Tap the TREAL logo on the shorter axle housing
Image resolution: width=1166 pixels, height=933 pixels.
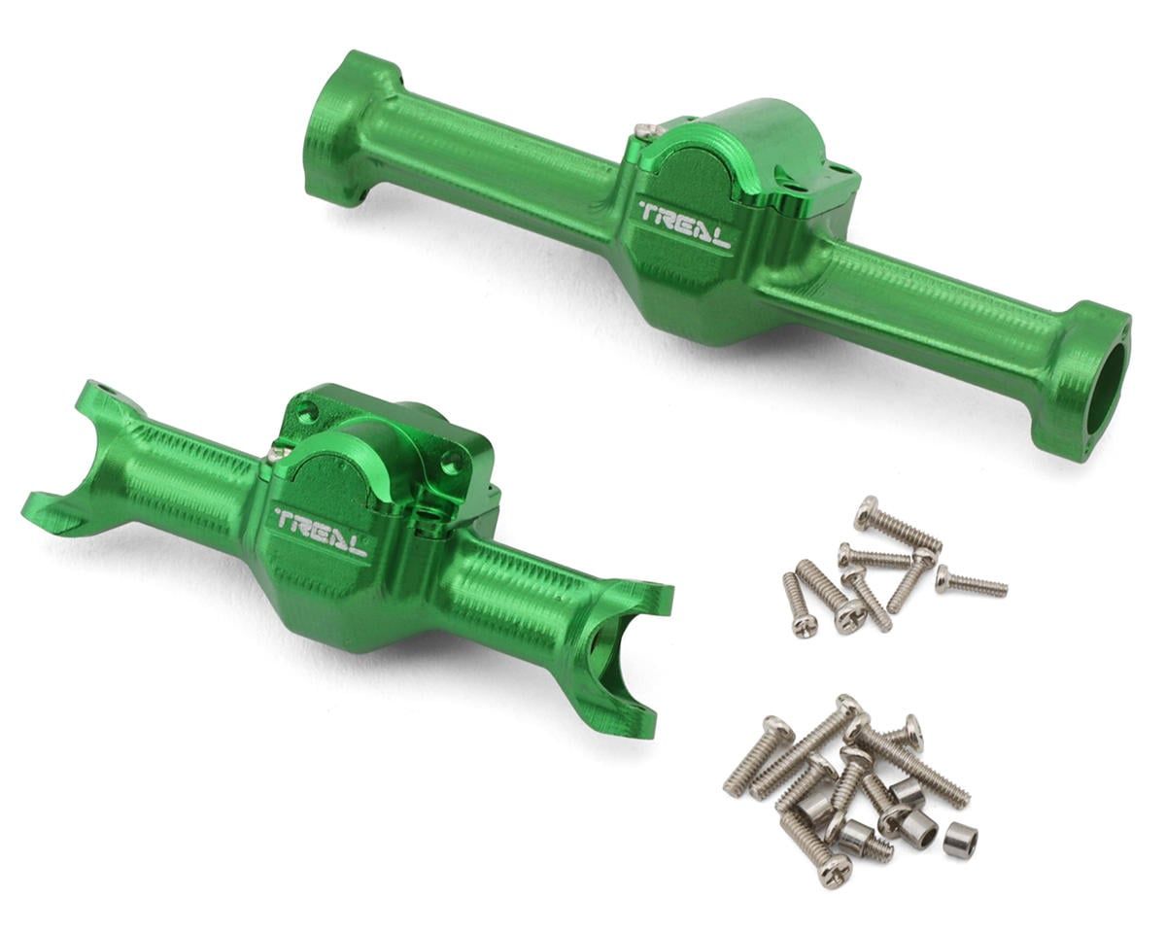click(x=321, y=531)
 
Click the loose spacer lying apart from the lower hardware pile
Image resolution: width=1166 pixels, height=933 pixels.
click(x=960, y=840)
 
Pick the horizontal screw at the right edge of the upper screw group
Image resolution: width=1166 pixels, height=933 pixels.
click(x=971, y=583)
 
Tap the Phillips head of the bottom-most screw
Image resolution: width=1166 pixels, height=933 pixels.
click(x=833, y=872)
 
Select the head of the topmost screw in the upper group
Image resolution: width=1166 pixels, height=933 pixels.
click(x=866, y=512)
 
